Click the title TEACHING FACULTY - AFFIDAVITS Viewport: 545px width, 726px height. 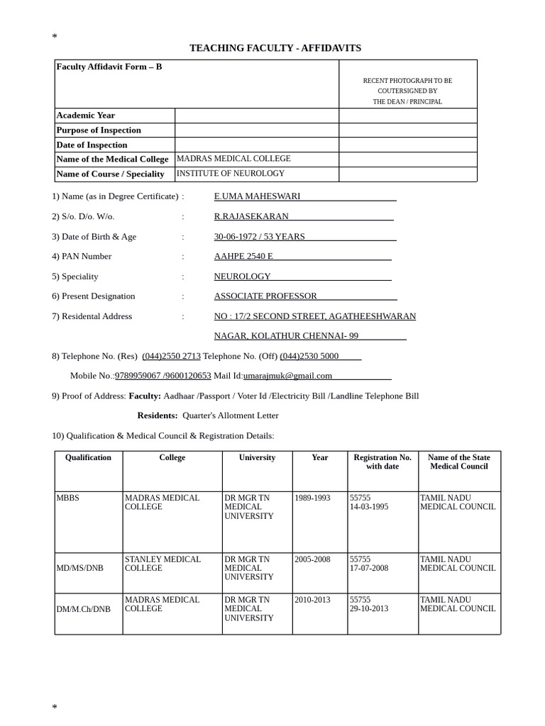275,48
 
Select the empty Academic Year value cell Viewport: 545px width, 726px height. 256,116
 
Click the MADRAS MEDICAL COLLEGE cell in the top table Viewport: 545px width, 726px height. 233,159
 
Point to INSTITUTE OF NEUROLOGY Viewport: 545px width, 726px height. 231,174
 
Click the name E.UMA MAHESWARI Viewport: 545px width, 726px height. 257,196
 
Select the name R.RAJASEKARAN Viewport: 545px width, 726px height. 251,216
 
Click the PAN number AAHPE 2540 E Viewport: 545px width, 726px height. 243,257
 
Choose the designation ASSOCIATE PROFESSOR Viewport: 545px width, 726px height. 265,296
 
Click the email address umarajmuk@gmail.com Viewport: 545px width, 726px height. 287,376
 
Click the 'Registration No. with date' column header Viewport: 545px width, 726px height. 382,462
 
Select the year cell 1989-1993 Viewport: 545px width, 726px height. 312,498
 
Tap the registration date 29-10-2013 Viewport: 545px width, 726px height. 369,609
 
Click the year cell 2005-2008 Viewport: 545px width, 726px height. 312,559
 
